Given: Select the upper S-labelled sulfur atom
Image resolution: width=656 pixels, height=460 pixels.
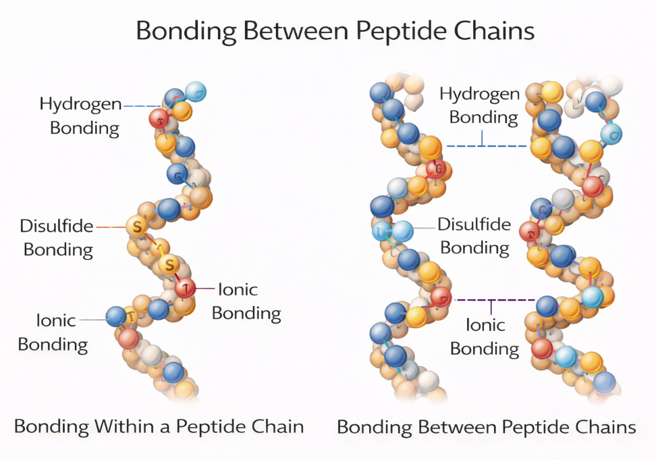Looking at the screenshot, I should tap(137, 226).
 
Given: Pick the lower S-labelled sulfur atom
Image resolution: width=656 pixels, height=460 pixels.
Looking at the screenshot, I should tap(170, 263).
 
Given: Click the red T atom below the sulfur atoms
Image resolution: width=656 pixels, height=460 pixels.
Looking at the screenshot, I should tap(185, 288).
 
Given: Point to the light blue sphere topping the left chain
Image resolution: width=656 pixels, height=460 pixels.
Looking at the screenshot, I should tap(195, 91).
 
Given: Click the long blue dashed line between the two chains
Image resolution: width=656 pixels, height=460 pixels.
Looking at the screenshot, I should tap(486, 146).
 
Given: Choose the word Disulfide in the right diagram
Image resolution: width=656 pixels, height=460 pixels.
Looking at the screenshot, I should tap(474, 224).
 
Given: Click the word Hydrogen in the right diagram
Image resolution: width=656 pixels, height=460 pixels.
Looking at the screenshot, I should tap(480, 94).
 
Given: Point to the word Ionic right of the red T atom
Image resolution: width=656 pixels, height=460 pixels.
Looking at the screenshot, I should tap(238, 289).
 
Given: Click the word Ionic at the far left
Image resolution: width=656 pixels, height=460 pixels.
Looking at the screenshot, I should tap(57, 320).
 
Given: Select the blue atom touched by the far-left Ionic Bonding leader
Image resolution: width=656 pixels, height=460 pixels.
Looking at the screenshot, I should tap(116, 315).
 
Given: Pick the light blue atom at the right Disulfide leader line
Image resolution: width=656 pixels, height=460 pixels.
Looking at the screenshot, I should tap(402, 231).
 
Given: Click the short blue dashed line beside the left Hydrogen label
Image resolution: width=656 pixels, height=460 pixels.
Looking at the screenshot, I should tap(141, 105).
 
